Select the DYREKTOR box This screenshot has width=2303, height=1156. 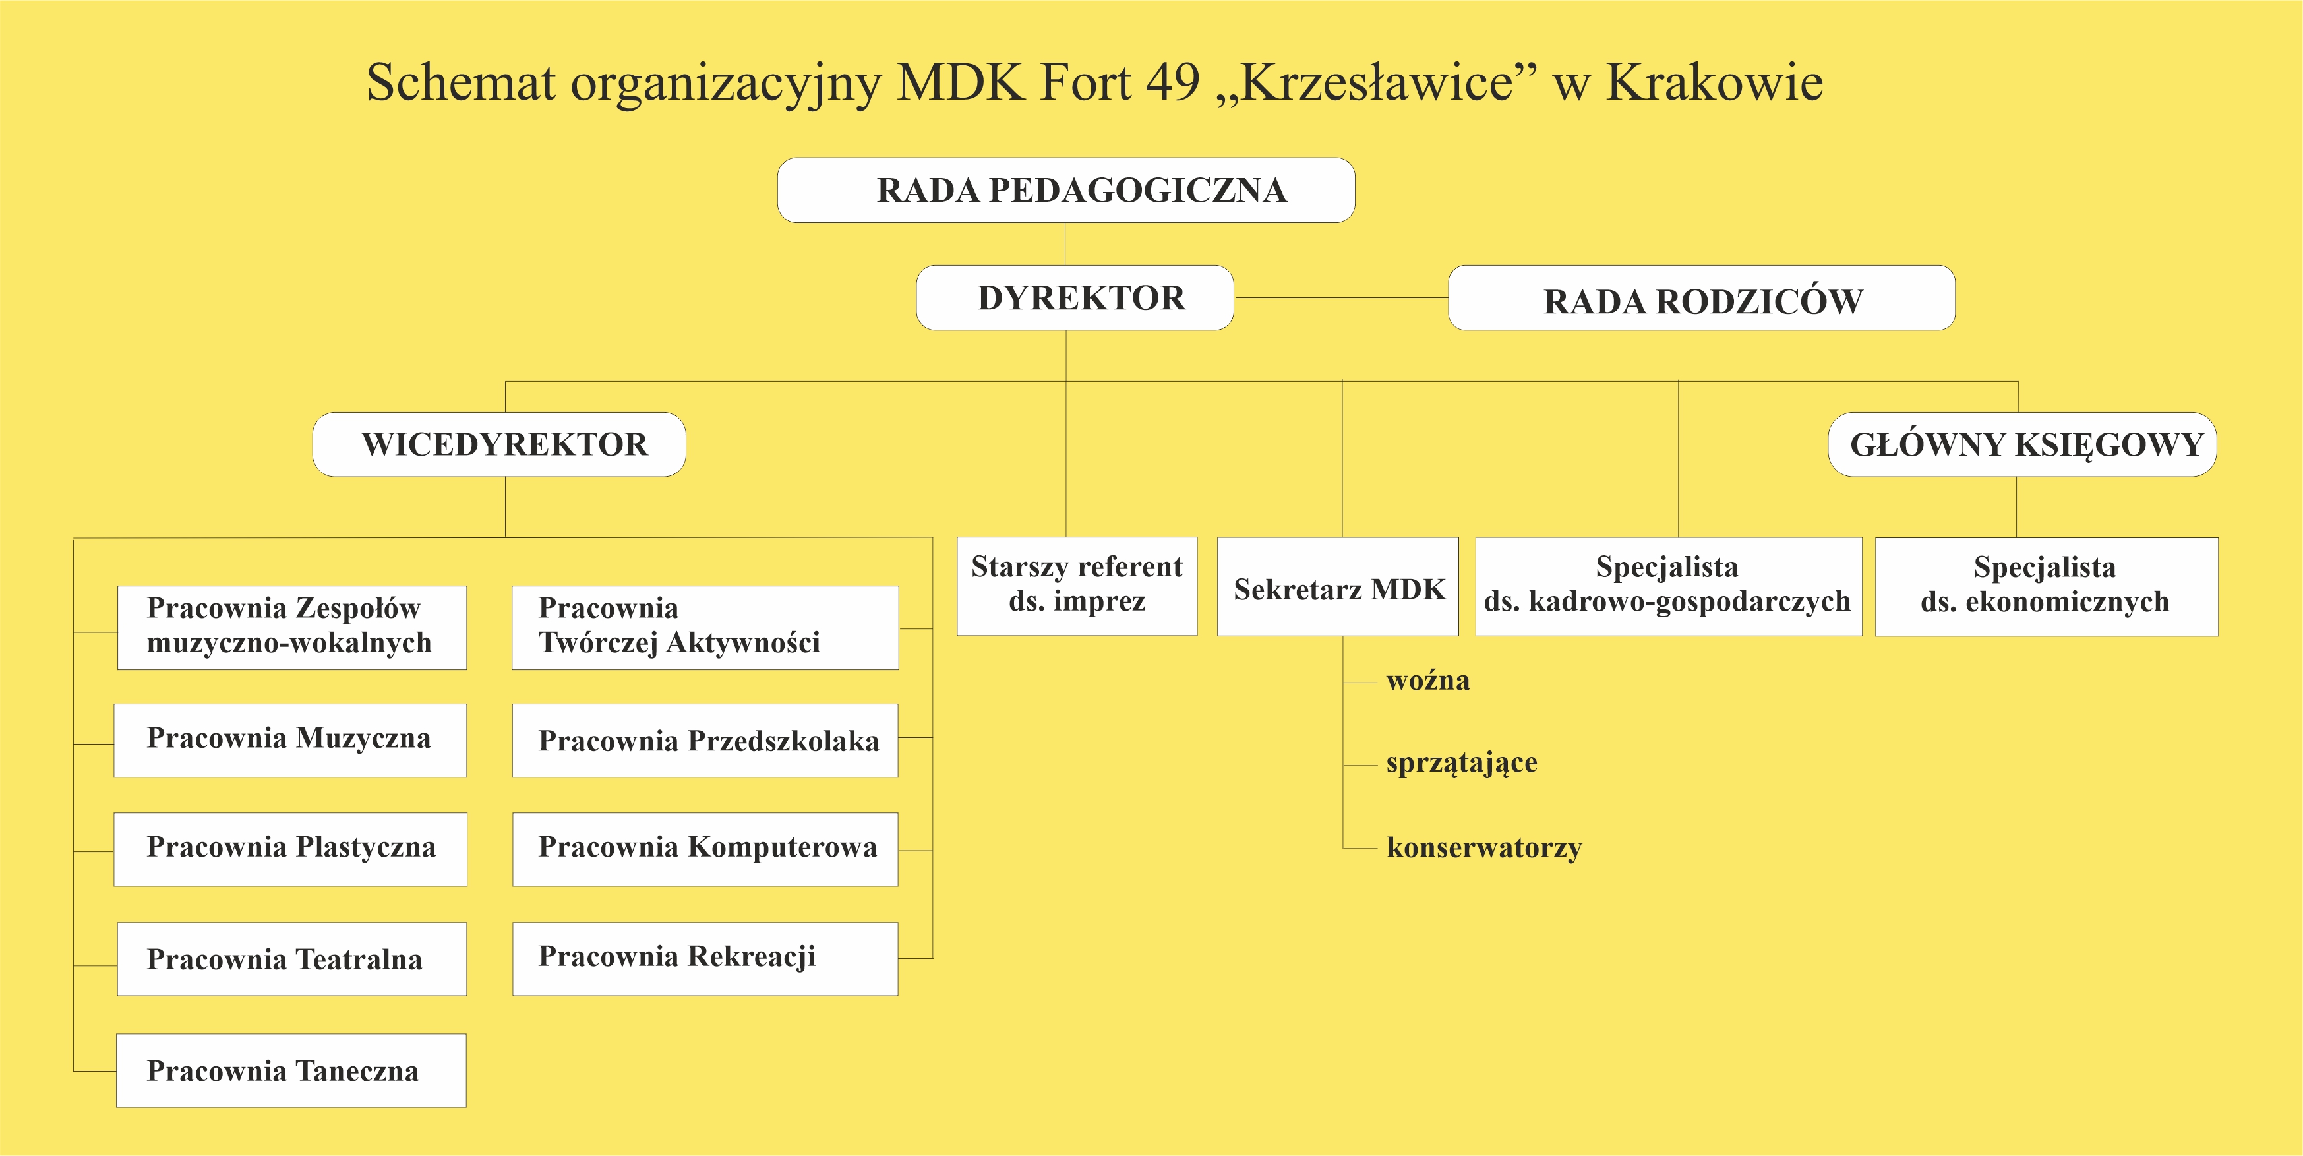[x=1075, y=297]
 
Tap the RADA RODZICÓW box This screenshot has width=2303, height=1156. [x=1701, y=299]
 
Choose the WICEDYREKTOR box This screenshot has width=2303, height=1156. [x=499, y=444]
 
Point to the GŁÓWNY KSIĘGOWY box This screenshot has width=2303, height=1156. [x=2022, y=444]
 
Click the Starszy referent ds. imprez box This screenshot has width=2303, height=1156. [x=1077, y=586]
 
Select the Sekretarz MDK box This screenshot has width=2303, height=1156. [x=1338, y=588]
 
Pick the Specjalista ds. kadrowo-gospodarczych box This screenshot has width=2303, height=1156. [x=1667, y=586]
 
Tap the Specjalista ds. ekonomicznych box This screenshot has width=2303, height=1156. [x=2045, y=586]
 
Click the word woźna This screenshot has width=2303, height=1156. [x=1427, y=681]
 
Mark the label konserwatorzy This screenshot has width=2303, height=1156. [x=1483, y=847]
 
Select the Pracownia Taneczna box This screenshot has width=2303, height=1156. [x=291, y=1070]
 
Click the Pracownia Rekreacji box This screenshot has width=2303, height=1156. [x=705, y=958]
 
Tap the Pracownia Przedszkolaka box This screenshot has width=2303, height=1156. [x=705, y=741]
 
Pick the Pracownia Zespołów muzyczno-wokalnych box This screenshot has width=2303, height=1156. [x=291, y=626]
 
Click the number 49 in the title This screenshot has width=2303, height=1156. [x=1173, y=82]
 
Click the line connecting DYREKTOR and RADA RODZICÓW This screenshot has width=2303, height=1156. [x=1341, y=297]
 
